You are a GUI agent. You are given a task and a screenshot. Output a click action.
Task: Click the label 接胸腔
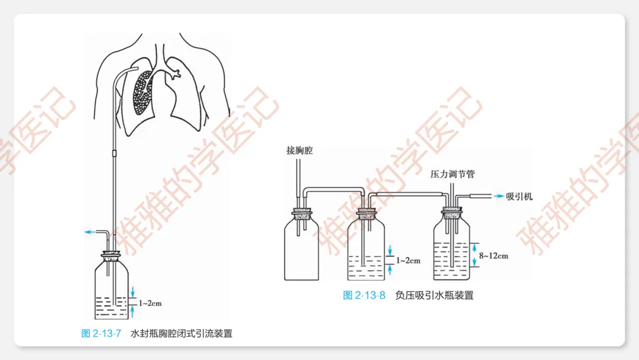(x=299, y=151)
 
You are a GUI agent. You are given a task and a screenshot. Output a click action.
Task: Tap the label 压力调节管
(x=453, y=175)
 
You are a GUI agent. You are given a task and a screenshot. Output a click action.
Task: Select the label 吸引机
(x=520, y=196)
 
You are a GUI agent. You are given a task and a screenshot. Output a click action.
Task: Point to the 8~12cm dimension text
(x=494, y=256)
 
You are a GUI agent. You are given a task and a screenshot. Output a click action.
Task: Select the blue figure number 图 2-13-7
(x=101, y=333)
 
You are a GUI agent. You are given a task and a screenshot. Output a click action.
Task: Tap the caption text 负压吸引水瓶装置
(x=434, y=295)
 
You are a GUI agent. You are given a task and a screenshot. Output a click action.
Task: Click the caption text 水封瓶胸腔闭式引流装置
(x=182, y=333)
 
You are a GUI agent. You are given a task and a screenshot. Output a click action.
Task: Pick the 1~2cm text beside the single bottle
(x=150, y=304)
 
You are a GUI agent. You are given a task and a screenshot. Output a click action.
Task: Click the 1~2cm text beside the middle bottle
(x=408, y=261)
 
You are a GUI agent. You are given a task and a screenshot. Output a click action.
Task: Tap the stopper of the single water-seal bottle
(x=112, y=257)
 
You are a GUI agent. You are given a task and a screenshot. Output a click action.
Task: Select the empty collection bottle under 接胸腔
(x=302, y=249)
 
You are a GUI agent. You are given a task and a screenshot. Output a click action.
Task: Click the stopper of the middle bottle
(x=363, y=211)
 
